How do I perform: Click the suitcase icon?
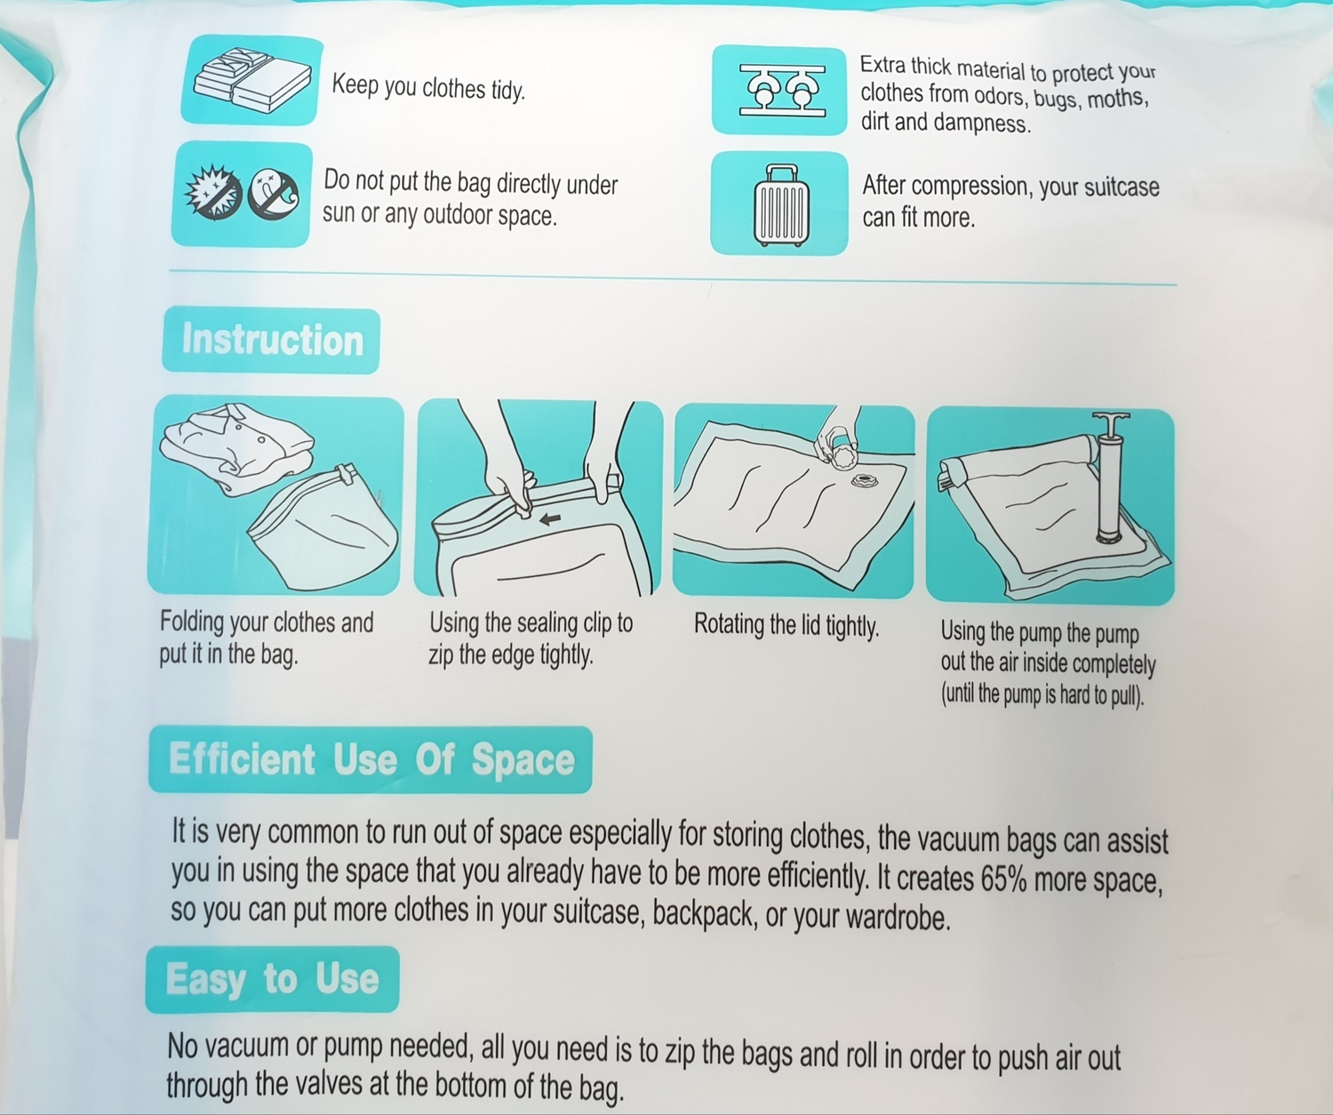click(781, 205)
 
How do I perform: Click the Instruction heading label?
click(272, 340)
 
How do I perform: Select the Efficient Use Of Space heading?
click(371, 759)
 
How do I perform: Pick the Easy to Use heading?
click(272, 980)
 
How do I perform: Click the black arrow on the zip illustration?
click(550, 519)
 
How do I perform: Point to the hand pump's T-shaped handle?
click(1110, 421)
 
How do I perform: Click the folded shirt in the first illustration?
click(237, 447)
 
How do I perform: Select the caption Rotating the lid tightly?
click(786, 625)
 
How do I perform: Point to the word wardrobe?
click(898, 918)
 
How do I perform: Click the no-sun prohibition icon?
click(213, 192)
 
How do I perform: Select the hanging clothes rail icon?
click(782, 90)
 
